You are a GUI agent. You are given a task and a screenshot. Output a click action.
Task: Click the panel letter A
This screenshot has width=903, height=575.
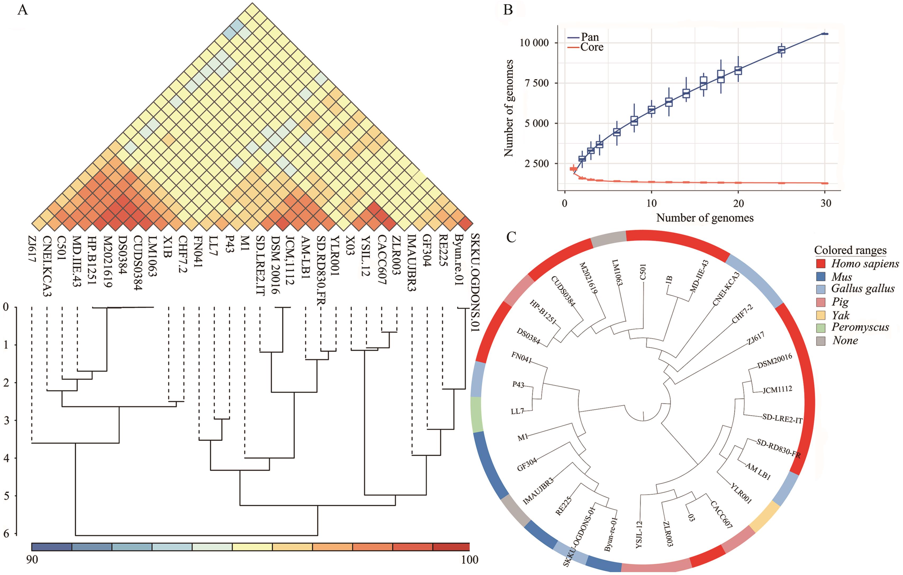tap(23, 10)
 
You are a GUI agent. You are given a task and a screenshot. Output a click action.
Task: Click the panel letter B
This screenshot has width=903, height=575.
tap(508, 10)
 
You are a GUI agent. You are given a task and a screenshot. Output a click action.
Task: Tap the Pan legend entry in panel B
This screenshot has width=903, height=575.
tap(589, 37)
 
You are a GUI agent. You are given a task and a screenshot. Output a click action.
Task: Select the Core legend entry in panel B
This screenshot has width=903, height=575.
tap(592, 47)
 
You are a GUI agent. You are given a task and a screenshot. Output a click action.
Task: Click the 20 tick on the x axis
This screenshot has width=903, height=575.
tap(738, 203)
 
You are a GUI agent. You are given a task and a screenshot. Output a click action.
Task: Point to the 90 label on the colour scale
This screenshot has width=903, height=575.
tap(32, 560)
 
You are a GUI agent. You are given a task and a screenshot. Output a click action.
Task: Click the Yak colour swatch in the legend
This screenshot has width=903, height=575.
tap(821, 315)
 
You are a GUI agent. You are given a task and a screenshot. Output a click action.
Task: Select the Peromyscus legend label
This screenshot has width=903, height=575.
tap(860, 327)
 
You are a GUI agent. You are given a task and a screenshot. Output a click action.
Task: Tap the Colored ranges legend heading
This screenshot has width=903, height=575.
tap(850, 250)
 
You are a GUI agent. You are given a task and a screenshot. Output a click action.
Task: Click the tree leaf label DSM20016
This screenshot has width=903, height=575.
tap(775, 361)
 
